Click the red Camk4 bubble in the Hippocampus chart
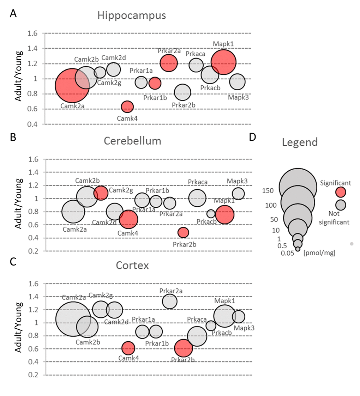pyautogui.click(x=127, y=106)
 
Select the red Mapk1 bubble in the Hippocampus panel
pyautogui.click(x=223, y=62)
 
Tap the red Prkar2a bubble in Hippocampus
pyautogui.click(x=169, y=63)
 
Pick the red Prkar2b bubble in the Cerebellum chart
pyautogui.click(x=183, y=232)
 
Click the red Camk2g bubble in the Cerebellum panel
pyautogui.click(x=101, y=193)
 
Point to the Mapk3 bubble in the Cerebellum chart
pyautogui.click(x=238, y=194)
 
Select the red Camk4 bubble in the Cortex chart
pyautogui.click(x=128, y=348)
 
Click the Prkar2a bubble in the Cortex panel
pyautogui.click(x=170, y=301)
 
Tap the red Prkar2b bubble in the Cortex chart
pyautogui.click(x=184, y=348)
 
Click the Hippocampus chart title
pyautogui.click(x=132, y=16)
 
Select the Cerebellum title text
pyautogui.click(x=132, y=141)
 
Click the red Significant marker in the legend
pyautogui.click(x=341, y=192)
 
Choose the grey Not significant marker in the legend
pyautogui.click(x=341, y=205)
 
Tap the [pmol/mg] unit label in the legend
pyautogui.click(x=319, y=252)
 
